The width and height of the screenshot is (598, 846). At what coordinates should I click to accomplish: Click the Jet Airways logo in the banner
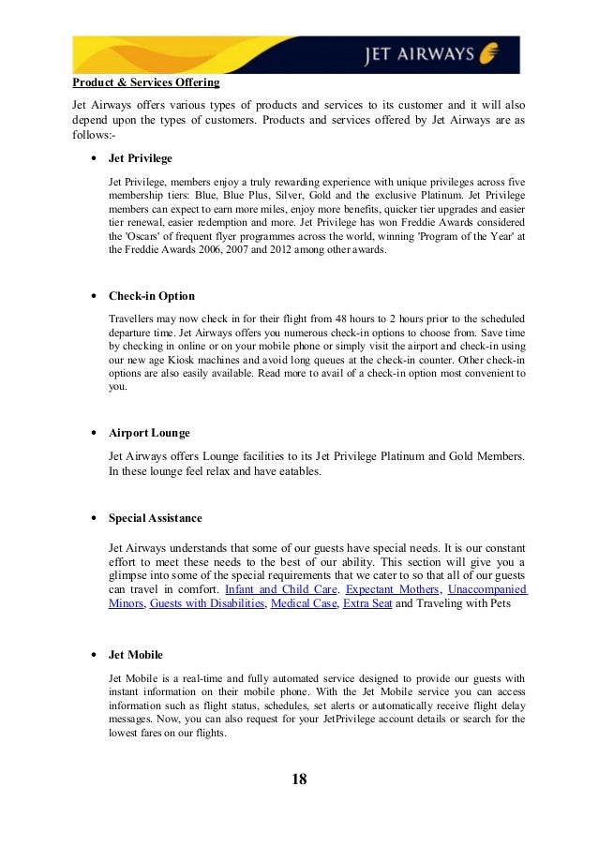click(x=431, y=53)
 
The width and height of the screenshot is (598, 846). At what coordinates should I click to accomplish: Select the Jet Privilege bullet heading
click(x=141, y=158)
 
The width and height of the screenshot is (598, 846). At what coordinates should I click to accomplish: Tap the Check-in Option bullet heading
click(x=152, y=296)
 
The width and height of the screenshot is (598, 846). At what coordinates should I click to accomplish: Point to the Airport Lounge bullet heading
click(x=149, y=433)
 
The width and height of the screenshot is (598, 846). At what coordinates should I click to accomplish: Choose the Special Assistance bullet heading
click(x=155, y=518)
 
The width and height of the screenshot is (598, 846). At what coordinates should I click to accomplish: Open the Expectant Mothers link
click(x=393, y=589)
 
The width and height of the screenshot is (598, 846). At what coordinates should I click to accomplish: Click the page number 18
click(x=299, y=779)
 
